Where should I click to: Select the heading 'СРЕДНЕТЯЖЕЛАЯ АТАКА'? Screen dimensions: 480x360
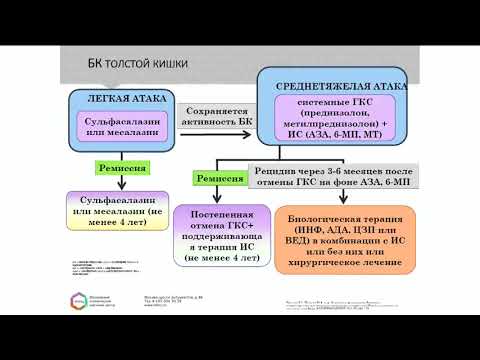(352, 86)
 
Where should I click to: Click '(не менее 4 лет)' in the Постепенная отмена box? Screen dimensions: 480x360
(221, 256)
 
